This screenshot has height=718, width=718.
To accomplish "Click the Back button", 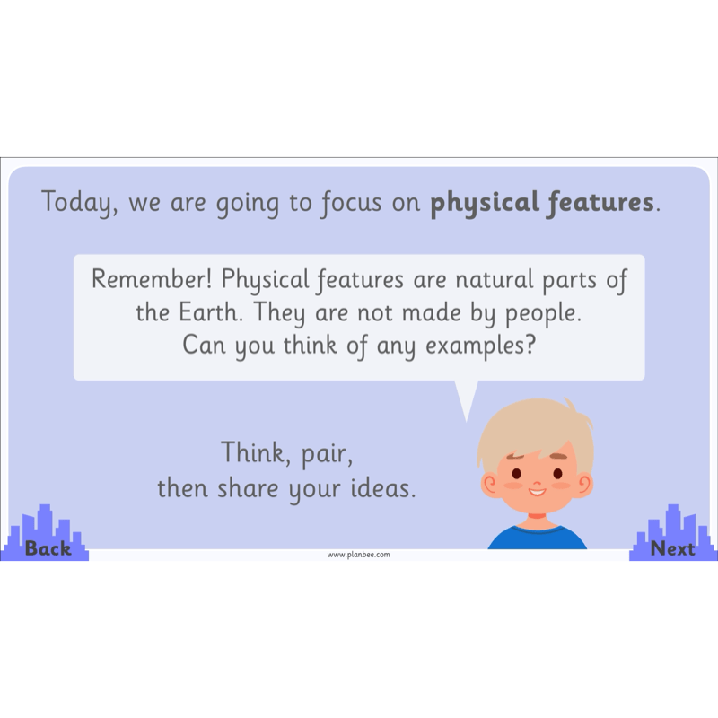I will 48,547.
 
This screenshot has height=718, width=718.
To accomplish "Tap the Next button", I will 672,547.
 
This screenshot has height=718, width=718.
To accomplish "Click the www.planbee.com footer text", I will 358,555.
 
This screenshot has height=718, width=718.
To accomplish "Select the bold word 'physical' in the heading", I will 484,203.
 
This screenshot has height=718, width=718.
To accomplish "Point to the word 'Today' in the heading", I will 79,203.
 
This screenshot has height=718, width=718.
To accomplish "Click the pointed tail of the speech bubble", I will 465,402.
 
